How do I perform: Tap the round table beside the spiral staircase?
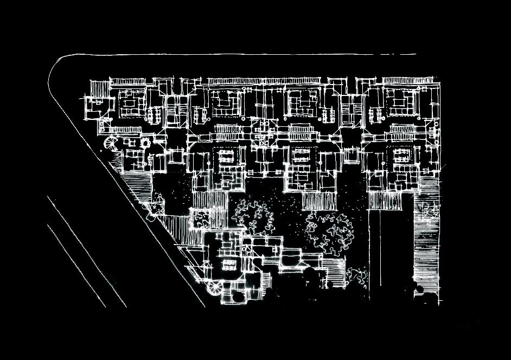click(x=145, y=143)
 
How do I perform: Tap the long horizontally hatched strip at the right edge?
click(x=426, y=244)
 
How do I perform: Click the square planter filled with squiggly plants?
click(x=200, y=218)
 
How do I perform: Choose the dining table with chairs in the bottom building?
click(x=228, y=265)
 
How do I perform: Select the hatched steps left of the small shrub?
click(x=335, y=274)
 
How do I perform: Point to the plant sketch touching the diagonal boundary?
click(x=154, y=209)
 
